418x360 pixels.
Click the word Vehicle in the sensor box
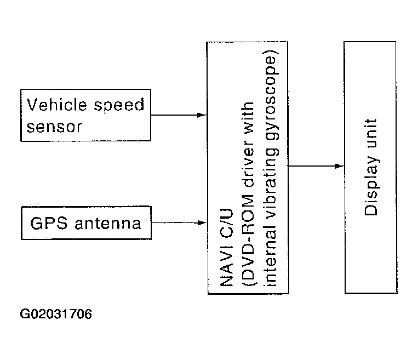click(56, 105)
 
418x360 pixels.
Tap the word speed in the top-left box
click(119, 105)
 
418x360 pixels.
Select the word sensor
click(54, 127)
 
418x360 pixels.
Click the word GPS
click(49, 223)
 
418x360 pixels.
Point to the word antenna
click(108, 224)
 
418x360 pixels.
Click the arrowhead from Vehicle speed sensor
click(202, 115)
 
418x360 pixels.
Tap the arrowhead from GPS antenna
click(202, 222)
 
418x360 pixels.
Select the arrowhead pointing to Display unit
click(339, 166)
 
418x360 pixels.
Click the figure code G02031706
click(56, 314)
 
